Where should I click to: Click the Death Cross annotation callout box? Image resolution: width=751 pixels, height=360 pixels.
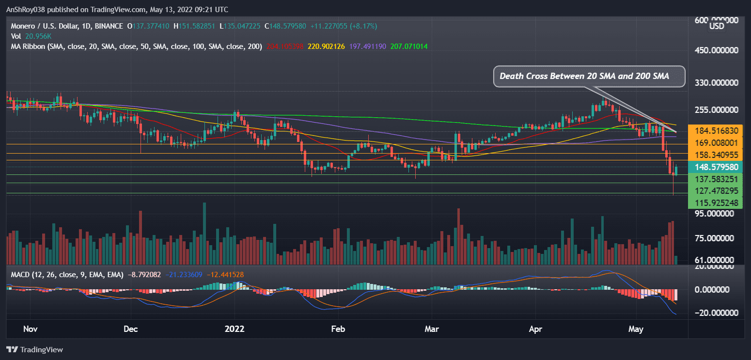coord(589,76)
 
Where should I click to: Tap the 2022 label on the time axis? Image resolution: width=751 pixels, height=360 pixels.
coord(234,329)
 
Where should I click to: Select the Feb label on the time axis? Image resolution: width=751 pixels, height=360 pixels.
coord(338,329)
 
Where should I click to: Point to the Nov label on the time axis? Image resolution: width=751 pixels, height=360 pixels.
coord(30,329)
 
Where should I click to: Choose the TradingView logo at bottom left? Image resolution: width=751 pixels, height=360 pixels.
coord(35,349)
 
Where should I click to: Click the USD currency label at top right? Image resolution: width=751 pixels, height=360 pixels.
coord(717,26)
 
